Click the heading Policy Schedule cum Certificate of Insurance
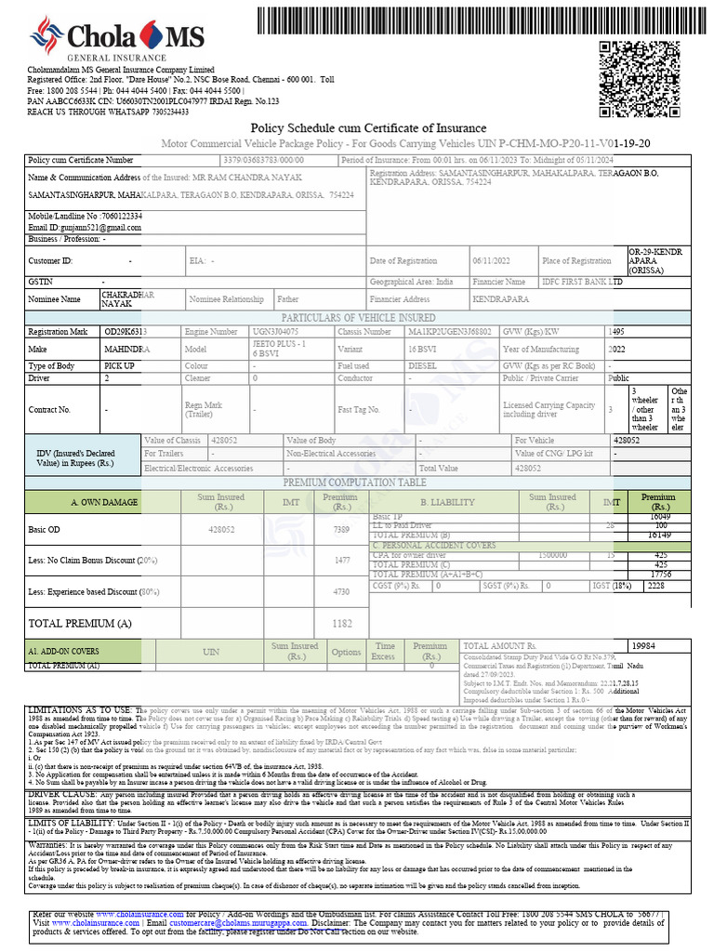pos(368,127)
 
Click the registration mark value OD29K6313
pos(126,331)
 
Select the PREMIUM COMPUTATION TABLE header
pos(354,483)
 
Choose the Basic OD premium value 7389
pos(341,529)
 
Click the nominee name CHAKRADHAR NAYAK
pos(126,299)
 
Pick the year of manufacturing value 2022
pos(616,349)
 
